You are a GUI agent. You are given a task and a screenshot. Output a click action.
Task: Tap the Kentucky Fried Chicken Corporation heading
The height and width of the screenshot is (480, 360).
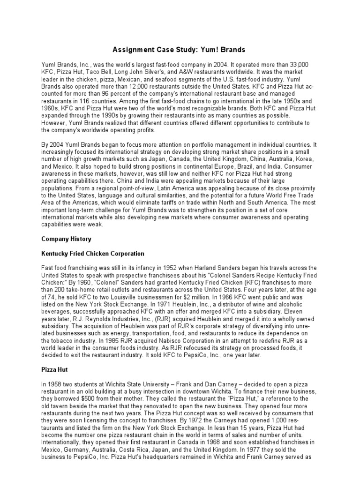click(93, 254)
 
